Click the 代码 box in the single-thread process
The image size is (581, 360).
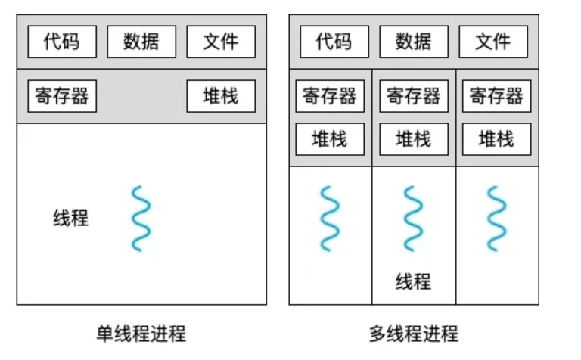click(x=62, y=42)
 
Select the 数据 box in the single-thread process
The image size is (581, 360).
click(x=141, y=42)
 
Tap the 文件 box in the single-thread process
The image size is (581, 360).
click(x=221, y=42)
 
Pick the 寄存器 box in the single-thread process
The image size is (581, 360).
click(x=62, y=96)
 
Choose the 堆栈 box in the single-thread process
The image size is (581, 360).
click(x=221, y=96)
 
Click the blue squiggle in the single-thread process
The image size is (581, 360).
click(x=141, y=219)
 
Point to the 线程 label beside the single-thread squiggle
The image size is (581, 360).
click(x=71, y=218)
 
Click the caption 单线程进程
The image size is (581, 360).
click(x=141, y=334)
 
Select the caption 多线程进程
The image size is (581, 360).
click(x=414, y=334)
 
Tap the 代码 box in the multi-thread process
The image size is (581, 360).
click(x=334, y=42)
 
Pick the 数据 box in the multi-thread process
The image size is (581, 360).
click(x=414, y=42)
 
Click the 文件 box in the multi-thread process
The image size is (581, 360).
click(x=493, y=42)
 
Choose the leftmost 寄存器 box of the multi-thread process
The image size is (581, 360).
click(x=330, y=96)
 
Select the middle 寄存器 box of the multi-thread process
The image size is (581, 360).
click(x=414, y=96)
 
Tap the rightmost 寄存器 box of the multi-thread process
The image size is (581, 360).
click(x=496, y=96)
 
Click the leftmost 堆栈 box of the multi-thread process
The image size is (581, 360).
click(x=330, y=139)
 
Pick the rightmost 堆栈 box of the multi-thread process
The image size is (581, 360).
click(x=496, y=139)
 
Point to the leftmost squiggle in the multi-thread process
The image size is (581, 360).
click(x=330, y=219)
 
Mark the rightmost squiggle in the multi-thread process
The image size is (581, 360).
click(x=496, y=219)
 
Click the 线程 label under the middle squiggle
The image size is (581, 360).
click(x=414, y=281)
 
